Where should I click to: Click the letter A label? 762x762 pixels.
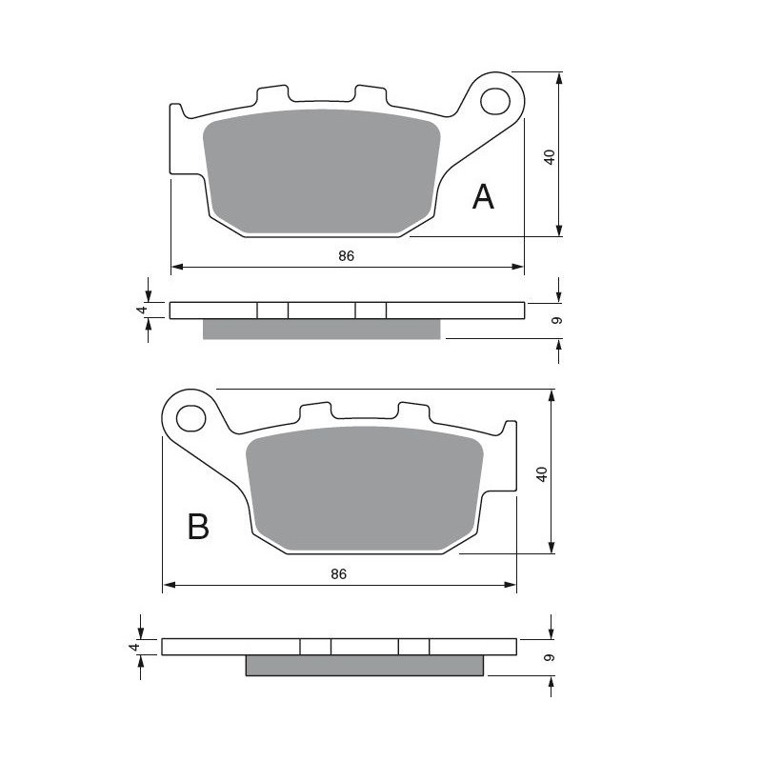click(x=484, y=197)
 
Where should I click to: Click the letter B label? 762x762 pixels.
click(x=198, y=526)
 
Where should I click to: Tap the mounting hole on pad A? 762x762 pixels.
click(x=494, y=99)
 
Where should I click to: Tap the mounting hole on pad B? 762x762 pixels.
click(x=190, y=417)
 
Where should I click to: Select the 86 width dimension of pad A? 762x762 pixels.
click(x=346, y=256)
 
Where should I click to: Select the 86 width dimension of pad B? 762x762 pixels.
click(x=338, y=573)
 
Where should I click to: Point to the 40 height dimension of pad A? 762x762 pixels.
click(x=549, y=157)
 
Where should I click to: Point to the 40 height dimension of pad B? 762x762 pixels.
click(x=542, y=473)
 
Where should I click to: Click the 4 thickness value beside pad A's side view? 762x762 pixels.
click(x=141, y=311)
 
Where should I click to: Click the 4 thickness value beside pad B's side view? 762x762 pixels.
click(x=134, y=647)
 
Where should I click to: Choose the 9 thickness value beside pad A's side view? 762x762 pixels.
click(x=557, y=320)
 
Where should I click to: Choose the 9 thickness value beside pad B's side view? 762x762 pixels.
click(x=551, y=657)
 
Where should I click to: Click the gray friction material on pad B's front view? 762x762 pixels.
click(x=365, y=488)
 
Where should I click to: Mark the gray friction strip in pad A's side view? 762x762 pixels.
click(x=322, y=329)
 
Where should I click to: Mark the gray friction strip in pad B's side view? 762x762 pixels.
click(x=365, y=666)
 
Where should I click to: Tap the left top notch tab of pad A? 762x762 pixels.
click(x=272, y=96)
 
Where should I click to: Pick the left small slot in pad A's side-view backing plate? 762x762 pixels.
click(x=272, y=311)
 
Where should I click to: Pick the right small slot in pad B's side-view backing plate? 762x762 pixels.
click(x=413, y=647)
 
